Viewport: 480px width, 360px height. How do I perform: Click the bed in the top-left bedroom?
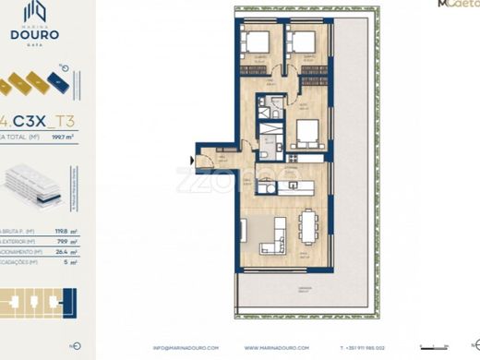(256, 41)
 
